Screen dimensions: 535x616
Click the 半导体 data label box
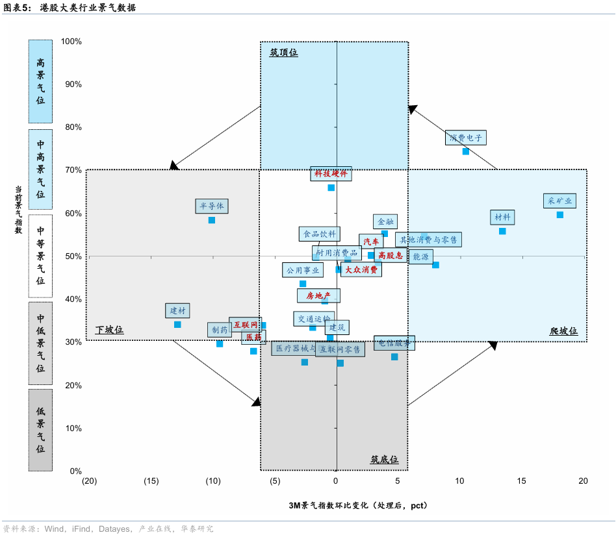pyautogui.click(x=212, y=206)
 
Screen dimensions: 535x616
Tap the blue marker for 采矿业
pyautogui.click(x=560, y=214)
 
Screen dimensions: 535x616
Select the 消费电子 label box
pyautogui.click(x=466, y=138)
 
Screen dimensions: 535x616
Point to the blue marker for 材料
pyautogui.click(x=502, y=231)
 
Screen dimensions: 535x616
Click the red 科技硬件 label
pyautogui.click(x=331, y=173)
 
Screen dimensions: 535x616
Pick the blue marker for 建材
pyautogui.click(x=177, y=325)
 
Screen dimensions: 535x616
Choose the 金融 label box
pyautogui.click(x=385, y=221)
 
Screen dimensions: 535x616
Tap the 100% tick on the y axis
pyautogui.click(x=71, y=42)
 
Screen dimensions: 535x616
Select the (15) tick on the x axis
pyautogui.click(x=151, y=481)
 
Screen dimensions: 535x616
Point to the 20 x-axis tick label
pyautogui.click(x=583, y=481)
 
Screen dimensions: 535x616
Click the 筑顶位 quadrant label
pyautogui.click(x=284, y=53)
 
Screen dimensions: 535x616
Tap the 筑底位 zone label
pyautogui.click(x=385, y=460)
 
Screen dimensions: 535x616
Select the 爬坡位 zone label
pyautogui.click(x=563, y=331)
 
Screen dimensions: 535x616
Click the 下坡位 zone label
pyautogui.click(x=109, y=330)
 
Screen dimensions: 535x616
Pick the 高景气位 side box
pyautogui.click(x=40, y=82)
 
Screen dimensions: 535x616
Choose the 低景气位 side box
pyautogui.click(x=40, y=430)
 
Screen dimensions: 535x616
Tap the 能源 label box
pyautogui.click(x=421, y=257)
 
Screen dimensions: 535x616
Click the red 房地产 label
pyautogui.click(x=318, y=296)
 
